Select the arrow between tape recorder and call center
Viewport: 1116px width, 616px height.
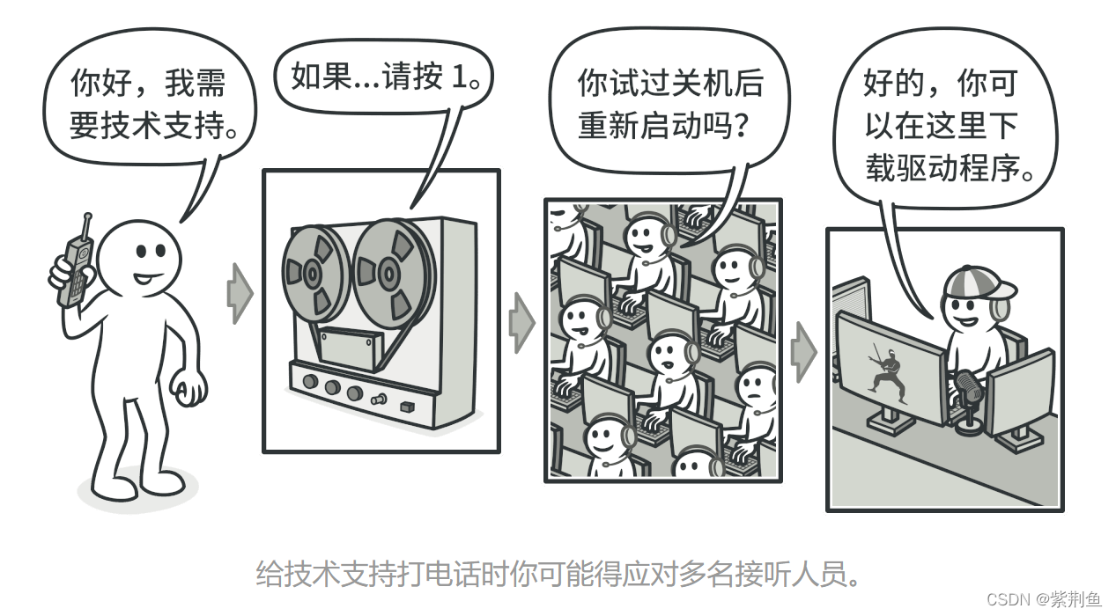(x=522, y=323)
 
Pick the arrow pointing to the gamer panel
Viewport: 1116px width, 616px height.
(x=802, y=351)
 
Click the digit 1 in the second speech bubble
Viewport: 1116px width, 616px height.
(x=458, y=78)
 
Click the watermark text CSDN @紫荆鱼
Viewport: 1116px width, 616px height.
(x=1044, y=599)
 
